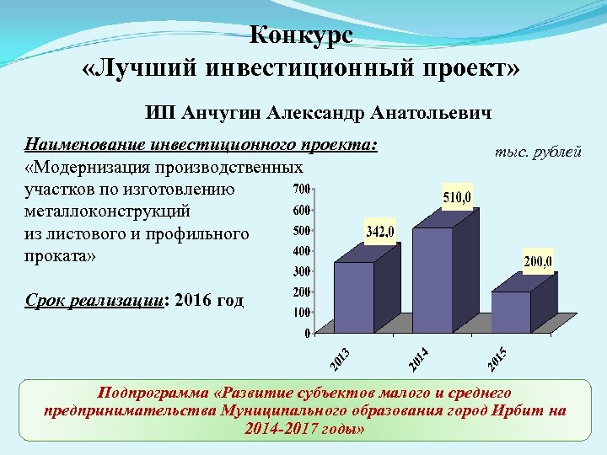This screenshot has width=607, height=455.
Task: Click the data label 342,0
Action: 381,231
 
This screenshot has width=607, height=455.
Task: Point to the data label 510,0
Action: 459,197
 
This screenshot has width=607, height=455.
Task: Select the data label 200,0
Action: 538,263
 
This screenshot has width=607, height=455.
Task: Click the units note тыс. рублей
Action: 538,153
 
